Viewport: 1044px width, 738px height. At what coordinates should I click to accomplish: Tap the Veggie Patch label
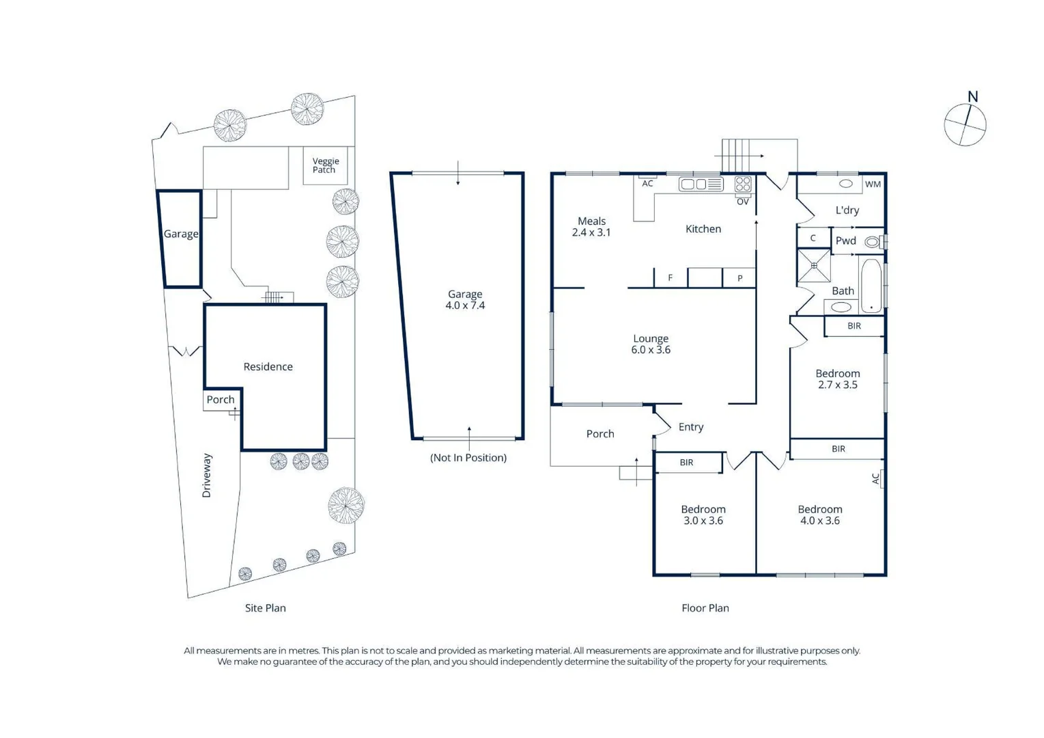(x=325, y=165)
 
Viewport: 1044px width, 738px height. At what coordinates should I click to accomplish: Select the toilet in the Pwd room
(x=873, y=242)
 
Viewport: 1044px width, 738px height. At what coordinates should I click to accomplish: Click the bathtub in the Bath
(x=871, y=286)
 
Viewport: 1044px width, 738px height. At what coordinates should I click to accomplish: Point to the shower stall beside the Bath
(x=814, y=265)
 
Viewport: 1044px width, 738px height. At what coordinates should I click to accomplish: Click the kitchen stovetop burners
(x=743, y=184)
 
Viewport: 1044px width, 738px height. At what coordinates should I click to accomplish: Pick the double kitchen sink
(x=701, y=184)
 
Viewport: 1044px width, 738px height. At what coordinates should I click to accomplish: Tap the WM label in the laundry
(x=873, y=184)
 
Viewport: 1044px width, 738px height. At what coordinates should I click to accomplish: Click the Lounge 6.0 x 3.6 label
(x=651, y=344)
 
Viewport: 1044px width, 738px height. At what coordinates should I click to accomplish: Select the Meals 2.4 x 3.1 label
(x=591, y=227)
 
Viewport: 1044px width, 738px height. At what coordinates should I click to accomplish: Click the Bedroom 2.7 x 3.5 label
(x=838, y=379)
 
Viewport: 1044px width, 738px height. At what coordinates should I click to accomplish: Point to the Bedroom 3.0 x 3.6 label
(x=703, y=515)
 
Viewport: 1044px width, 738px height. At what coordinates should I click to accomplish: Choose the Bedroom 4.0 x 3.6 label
(x=820, y=515)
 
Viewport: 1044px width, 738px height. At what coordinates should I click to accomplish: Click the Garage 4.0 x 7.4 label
(x=465, y=300)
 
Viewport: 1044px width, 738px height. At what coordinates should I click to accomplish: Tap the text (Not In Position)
(x=468, y=458)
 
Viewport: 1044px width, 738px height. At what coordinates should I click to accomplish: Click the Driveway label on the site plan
(x=206, y=476)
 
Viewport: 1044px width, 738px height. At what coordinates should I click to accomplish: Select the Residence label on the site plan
(x=268, y=367)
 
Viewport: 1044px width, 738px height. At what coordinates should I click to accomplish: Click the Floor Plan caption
(x=705, y=608)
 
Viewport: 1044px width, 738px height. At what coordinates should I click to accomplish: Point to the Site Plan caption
(x=266, y=608)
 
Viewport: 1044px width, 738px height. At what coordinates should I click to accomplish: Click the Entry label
(x=691, y=427)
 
